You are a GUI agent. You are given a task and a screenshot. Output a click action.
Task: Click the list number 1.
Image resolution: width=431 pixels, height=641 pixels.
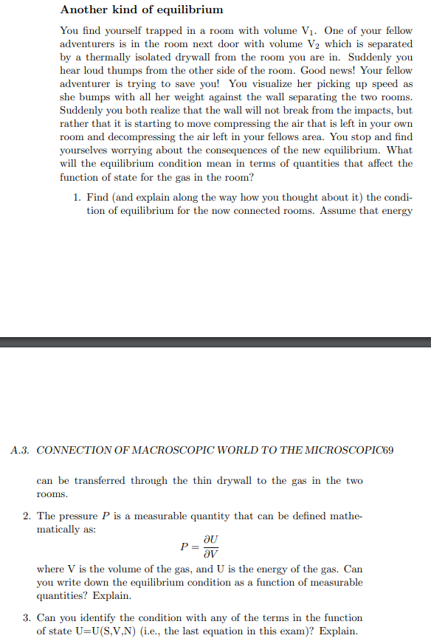(x=77, y=197)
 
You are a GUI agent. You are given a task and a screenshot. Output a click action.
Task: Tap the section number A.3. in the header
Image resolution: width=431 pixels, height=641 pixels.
(x=20, y=450)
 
